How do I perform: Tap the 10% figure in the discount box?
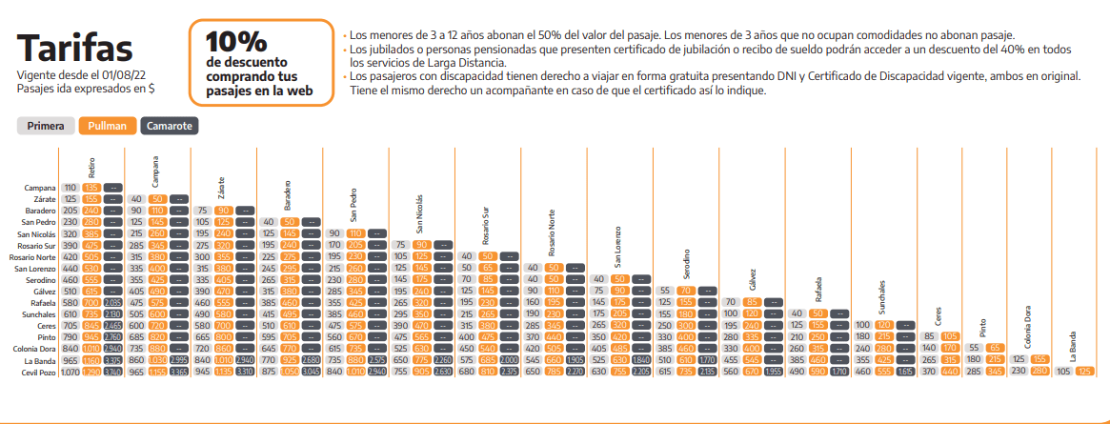[x=236, y=42]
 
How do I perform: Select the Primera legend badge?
[x=46, y=126]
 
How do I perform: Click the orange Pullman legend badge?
[x=108, y=126]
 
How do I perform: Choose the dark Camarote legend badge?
[x=169, y=126]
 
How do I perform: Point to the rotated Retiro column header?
[x=91, y=168]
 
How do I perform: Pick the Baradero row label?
[x=37, y=211]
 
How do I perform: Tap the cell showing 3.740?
[x=112, y=371]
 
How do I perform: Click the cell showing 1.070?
[x=71, y=371]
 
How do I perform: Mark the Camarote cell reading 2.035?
[x=112, y=302]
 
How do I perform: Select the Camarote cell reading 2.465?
[x=112, y=325]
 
